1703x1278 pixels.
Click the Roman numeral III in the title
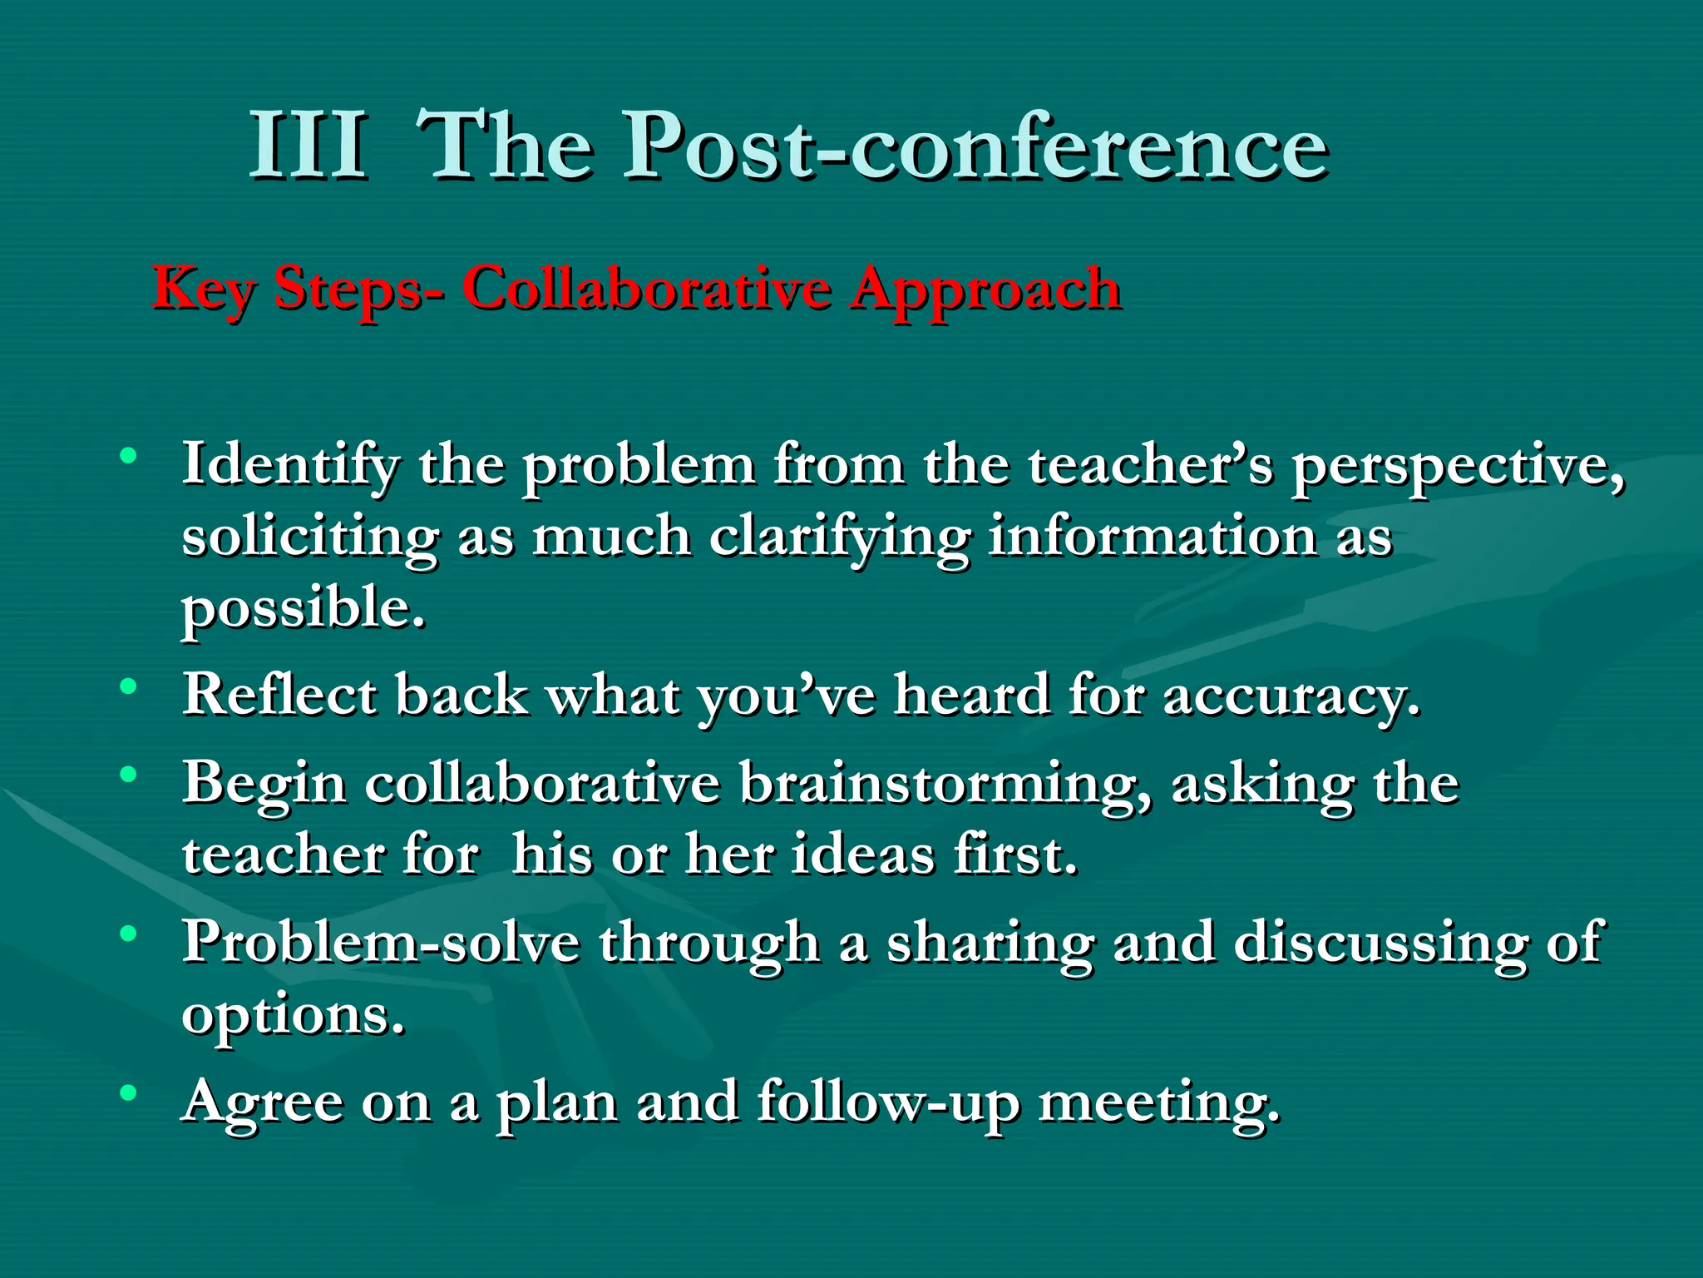[309, 146]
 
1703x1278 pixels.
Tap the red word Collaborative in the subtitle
[646, 289]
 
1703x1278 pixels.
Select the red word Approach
[985, 291]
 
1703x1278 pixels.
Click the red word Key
[203, 290]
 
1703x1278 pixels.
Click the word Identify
[290, 465]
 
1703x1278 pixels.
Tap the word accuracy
[1291, 696]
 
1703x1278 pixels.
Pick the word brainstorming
[946, 785]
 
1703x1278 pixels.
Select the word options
[294, 1016]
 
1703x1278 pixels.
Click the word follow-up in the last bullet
[888, 1102]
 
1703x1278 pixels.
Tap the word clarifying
[839, 538]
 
